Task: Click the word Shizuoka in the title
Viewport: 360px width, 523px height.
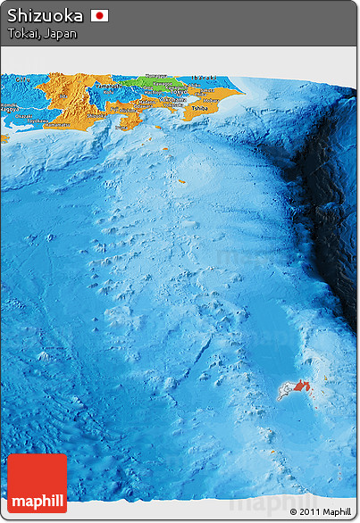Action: pyautogui.click(x=46, y=15)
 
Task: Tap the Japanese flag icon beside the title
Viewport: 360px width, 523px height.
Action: pyautogui.click(x=99, y=15)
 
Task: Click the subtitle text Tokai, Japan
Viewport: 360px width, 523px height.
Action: pyautogui.click(x=42, y=34)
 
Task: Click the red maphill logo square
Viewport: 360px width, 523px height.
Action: pyautogui.click(x=37, y=483)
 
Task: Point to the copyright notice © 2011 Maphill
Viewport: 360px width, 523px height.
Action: pyautogui.click(x=319, y=511)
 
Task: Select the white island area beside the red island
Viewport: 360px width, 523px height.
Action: pyautogui.click(x=286, y=390)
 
